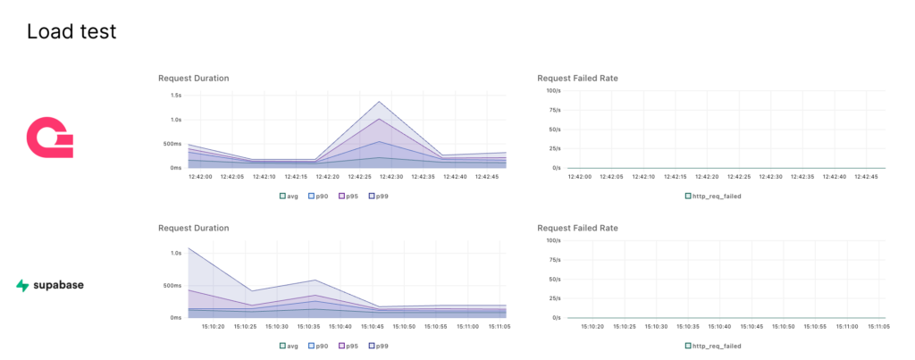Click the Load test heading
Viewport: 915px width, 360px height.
point(71,32)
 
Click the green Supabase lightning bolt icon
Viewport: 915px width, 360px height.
point(22,286)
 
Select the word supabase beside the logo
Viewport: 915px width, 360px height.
point(59,286)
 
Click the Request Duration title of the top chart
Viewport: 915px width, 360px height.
point(193,79)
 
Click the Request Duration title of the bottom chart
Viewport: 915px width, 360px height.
point(193,229)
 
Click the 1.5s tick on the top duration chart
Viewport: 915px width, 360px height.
point(176,95)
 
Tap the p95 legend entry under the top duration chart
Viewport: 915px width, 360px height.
point(348,195)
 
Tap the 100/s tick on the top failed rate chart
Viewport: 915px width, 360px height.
point(552,91)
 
